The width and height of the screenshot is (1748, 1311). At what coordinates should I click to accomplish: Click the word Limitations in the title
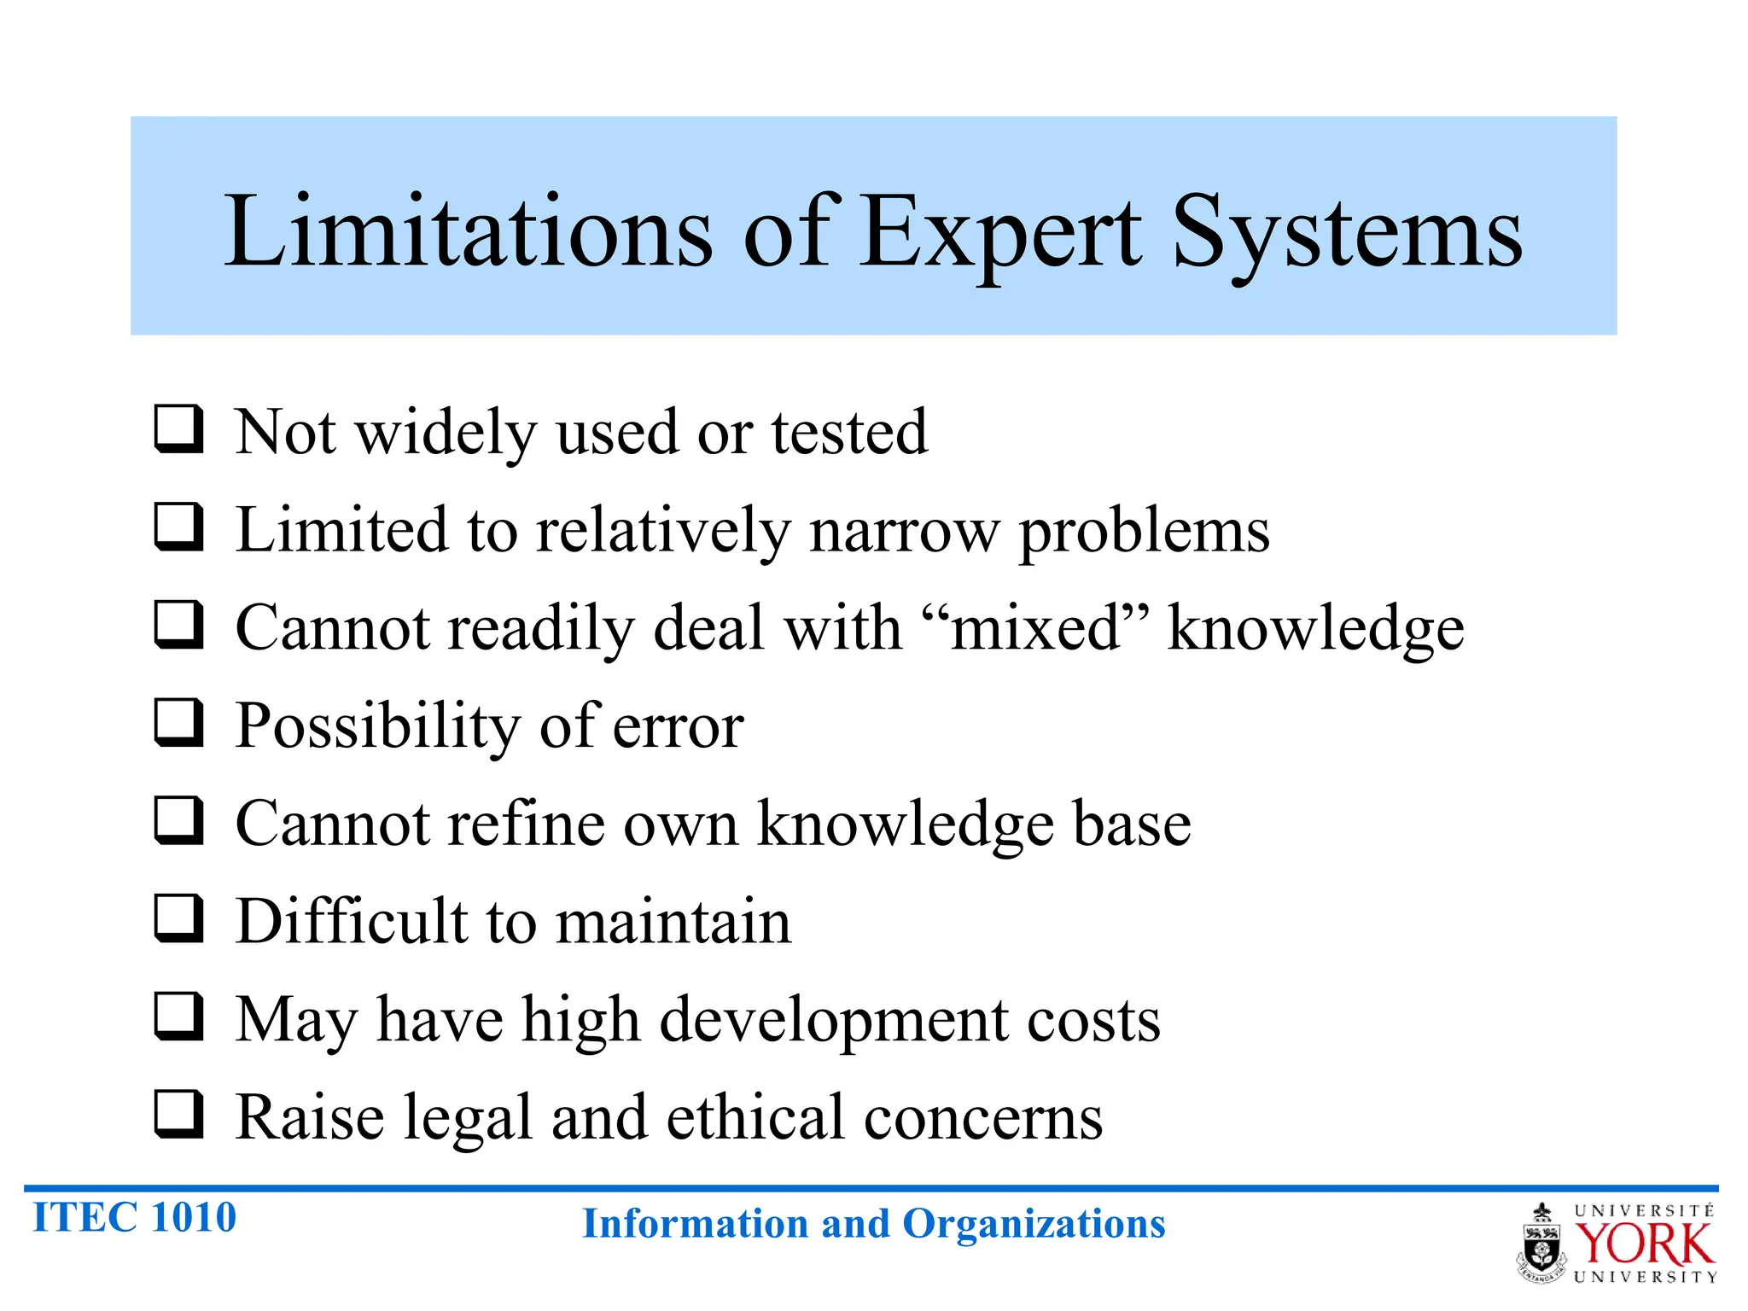click(468, 230)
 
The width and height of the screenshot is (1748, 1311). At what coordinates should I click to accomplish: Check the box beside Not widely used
click(179, 428)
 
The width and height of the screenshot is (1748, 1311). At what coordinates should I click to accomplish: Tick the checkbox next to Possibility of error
click(179, 722)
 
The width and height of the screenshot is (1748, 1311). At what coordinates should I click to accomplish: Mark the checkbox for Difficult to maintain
click(179, 918)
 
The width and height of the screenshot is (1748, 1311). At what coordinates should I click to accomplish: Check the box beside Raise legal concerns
click(179, 1114)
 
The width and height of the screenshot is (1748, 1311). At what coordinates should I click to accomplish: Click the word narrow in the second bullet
click(904, 530)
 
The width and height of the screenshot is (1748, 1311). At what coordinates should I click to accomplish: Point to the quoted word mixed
click(1035, 628)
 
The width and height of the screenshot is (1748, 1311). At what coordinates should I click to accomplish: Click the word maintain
click(673, 922)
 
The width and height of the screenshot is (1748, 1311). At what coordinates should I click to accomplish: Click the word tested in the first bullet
click(849, 432)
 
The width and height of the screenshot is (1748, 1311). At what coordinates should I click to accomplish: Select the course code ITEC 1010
click(134, 1217)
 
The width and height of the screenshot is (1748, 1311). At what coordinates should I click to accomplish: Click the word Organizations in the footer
click(1034, 1224)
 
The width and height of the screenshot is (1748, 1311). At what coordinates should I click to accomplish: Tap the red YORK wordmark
click(1644, 1244)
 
